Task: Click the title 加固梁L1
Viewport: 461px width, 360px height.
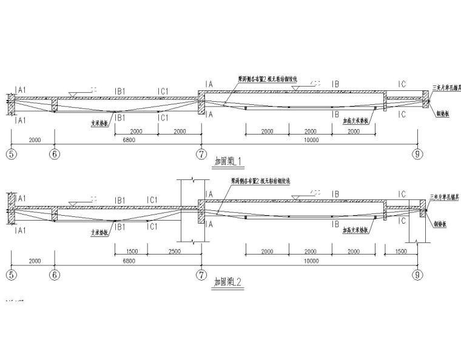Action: point(229,161)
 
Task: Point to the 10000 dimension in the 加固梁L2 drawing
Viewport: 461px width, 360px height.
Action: point(310,261)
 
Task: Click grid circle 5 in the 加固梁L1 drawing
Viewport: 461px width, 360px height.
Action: point(10,154)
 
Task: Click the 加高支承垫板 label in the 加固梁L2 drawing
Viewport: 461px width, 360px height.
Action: point(355,230)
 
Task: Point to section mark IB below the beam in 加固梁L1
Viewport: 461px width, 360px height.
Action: point(335,113)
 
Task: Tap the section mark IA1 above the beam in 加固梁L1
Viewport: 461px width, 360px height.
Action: point(20,90)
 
